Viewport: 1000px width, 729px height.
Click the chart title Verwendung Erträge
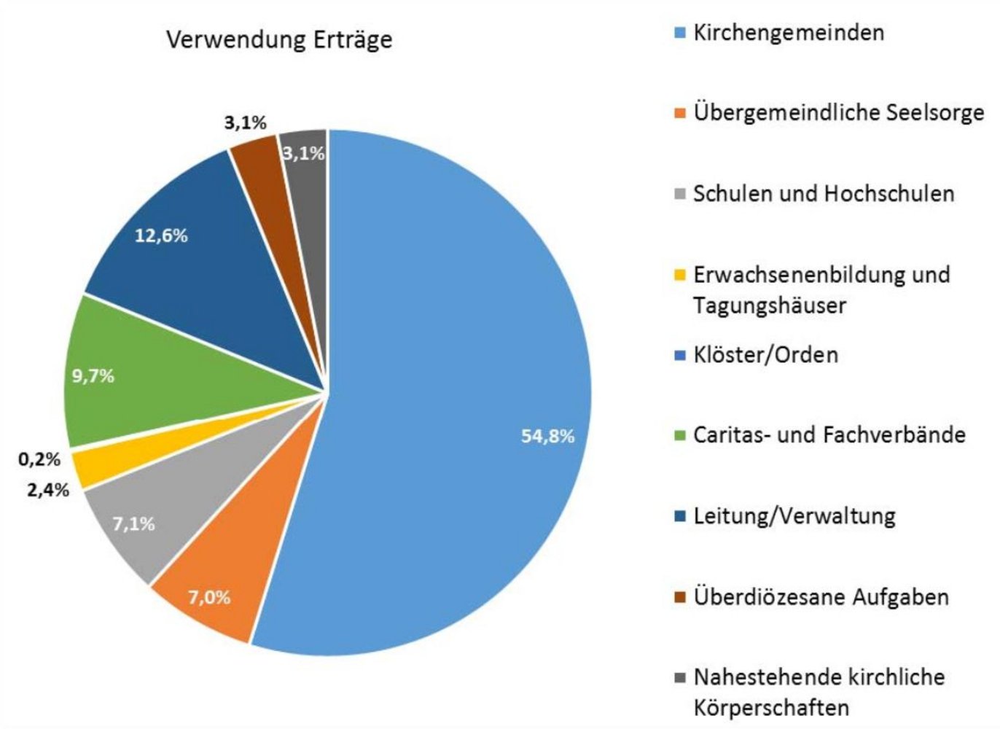[279, 39]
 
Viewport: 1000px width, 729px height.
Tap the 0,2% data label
[39, 460]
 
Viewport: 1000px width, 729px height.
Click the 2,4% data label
[48, 490]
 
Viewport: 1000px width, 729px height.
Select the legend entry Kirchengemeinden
[788, 33]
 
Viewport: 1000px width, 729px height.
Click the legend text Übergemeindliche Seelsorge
[838, 113]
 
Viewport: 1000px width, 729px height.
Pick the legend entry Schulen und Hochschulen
[824, 194]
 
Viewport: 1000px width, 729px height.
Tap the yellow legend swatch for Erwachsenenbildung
[680, 276]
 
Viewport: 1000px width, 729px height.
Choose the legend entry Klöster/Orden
[765, 355]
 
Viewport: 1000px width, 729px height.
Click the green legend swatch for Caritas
[680, 436]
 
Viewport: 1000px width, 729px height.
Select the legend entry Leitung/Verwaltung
[794, 516]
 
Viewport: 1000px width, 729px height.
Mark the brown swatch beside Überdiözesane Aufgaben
[680, 598]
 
